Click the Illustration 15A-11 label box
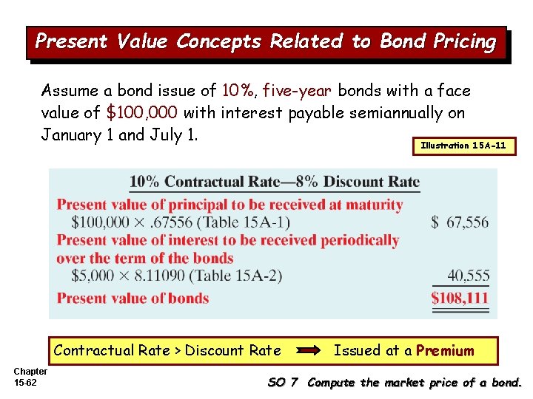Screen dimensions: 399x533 463,146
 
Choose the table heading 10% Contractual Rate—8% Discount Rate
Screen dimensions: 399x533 275,182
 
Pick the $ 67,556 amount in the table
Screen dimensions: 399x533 460,222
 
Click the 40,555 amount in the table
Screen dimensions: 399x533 468,276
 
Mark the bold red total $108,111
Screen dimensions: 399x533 460,299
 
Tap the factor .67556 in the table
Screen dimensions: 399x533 168,222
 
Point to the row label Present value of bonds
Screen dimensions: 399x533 133,299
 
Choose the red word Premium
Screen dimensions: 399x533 445,350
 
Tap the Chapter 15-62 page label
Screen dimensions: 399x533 30,377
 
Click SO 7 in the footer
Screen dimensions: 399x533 282,383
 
